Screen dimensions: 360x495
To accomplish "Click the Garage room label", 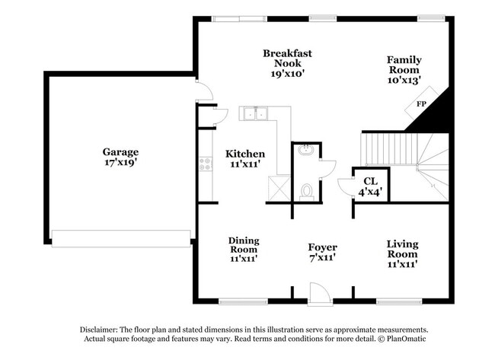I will click(120, 157).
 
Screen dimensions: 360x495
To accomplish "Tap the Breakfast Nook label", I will click(287, 64).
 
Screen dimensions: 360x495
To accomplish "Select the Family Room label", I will click(404, 70).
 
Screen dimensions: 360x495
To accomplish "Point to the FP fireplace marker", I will click(420, 104).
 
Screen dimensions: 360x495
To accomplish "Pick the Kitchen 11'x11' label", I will click(245, 158).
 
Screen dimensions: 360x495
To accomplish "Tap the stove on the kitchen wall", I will click(204, 162).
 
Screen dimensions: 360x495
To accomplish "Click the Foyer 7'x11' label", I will click(322, 252).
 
